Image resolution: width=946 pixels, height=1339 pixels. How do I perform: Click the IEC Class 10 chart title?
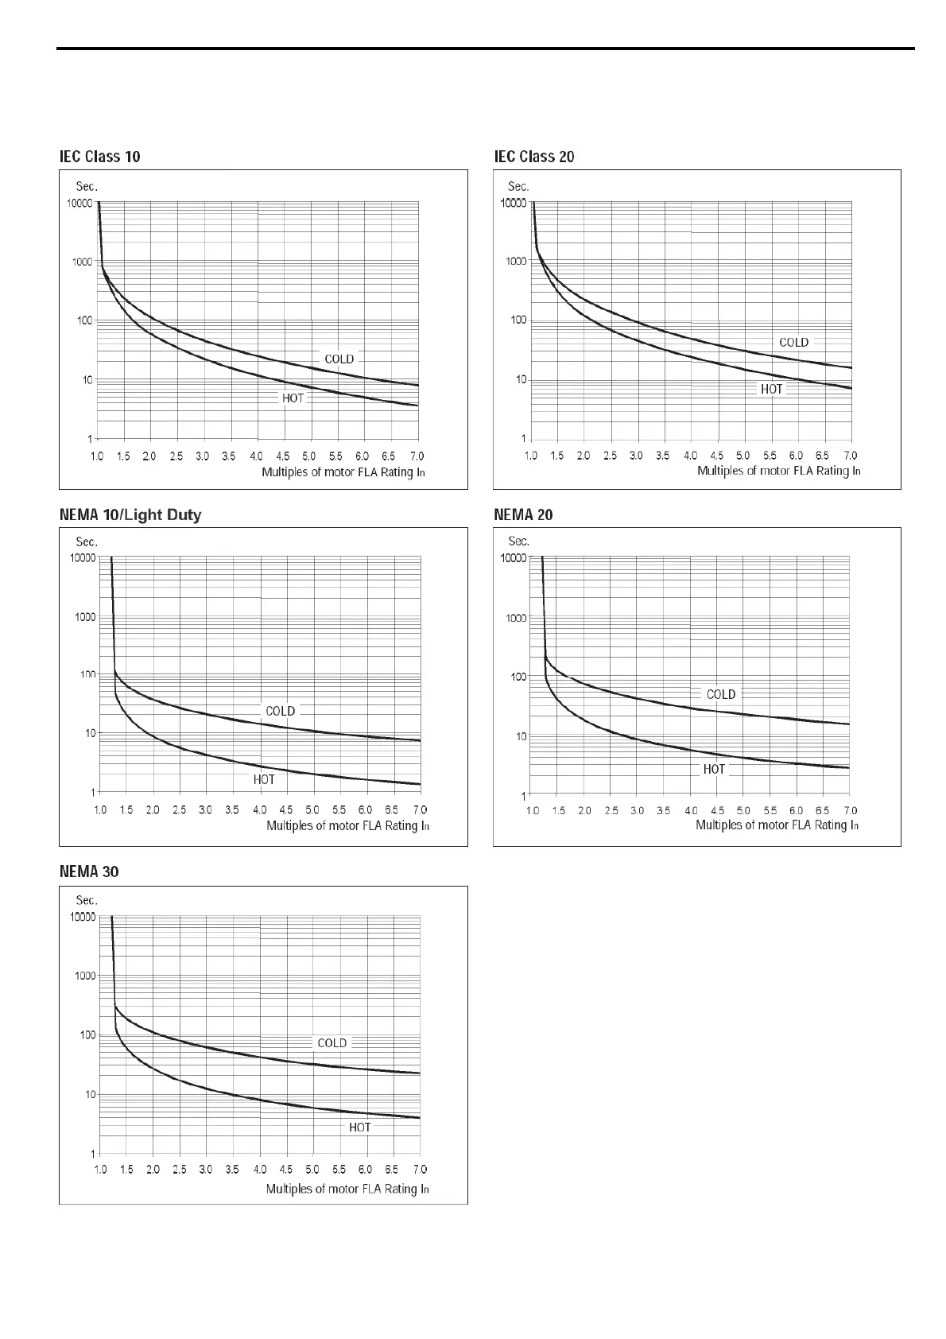[100, 157]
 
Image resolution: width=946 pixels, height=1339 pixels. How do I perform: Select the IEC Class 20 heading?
[534, 157]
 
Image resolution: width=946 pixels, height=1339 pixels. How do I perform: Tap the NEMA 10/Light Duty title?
[130, 515]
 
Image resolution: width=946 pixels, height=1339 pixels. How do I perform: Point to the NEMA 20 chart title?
[523, 514]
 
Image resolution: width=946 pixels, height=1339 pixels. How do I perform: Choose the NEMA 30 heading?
[89, 872]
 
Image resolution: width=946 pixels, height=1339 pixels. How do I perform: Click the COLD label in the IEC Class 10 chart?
[339, 359]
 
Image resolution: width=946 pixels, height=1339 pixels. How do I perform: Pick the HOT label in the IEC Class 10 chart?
[293, 398]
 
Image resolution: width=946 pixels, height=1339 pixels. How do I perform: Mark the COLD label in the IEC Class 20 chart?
[793, 343]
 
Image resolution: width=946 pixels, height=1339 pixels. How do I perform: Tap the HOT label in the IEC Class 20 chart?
[772, 390]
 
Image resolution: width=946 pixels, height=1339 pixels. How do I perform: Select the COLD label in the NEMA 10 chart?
[281, 712]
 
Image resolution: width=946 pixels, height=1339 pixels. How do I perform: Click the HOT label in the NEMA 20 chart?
[714, 770]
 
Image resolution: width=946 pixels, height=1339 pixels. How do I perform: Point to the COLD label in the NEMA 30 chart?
[332, 1043]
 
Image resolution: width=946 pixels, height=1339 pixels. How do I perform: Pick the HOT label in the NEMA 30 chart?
[360, 1127]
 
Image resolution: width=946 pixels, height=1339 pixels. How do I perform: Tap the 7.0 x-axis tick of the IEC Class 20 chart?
[851, 456]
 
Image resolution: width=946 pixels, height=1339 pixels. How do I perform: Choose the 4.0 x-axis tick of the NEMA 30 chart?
[260, 1170]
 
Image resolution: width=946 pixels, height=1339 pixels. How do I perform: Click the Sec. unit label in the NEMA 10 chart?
[87, 541]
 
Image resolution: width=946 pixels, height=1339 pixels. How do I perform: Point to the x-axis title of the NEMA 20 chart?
[777, 825]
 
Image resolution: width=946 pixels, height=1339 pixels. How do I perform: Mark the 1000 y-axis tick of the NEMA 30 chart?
[85, 976]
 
